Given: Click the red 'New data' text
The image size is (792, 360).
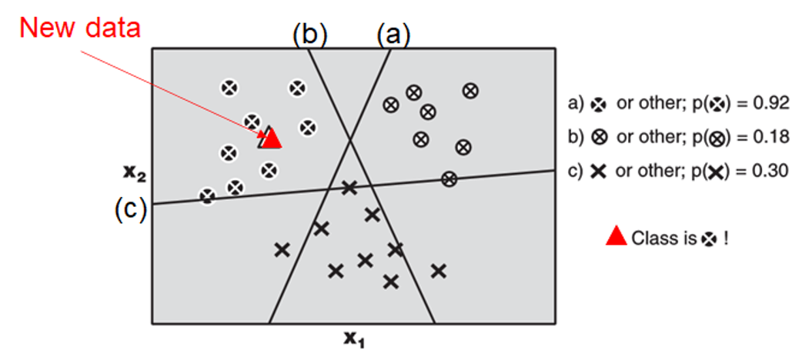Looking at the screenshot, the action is click(x=80, y=28).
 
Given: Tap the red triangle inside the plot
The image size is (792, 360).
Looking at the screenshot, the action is click(x=271, y=138).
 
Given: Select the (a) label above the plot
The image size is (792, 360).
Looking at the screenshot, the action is click(x=393, y=35).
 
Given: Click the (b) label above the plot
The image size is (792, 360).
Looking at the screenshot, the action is click(x=309, y=35).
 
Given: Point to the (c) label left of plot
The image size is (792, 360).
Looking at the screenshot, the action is click(x=130, y=208).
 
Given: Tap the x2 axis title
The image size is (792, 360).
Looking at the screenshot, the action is click(x=135, y=174).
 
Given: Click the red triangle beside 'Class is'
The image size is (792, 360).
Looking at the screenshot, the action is click(x=616, y=237).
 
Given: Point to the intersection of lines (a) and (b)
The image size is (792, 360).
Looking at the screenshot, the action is click(x=351, y=139).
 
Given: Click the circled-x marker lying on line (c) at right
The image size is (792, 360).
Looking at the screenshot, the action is click(x=449, y=179).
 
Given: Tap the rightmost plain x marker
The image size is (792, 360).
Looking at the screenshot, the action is click(x=439, y=270).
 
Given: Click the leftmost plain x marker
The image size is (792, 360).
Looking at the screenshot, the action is click(x=282, y=249).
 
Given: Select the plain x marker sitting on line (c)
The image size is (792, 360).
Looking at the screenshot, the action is click(x=349, y=187).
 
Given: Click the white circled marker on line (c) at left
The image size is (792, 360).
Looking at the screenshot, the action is click(x=207, y=196).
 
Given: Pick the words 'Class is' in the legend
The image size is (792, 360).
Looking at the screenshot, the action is click(x=663, y=238).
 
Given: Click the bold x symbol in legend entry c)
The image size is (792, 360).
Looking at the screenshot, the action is click(x=597, y=171).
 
